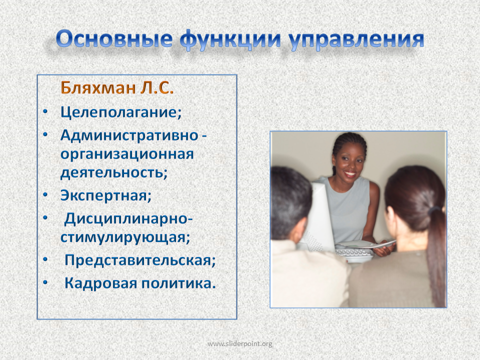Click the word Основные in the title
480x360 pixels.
coord(114,39)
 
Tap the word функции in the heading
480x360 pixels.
coord(230,40)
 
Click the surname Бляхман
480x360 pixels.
coord(98,88)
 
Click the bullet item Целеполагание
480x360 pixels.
coord(121,112)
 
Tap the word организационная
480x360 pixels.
coord(127,154)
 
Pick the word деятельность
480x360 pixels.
coord(114,172)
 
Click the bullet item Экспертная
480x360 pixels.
coord(106,195)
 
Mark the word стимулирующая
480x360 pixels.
coord(125,237)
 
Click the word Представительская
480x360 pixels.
coord(140,260)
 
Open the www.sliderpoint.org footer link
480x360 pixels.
coord(239,344)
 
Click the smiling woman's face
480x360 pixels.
coord(349,161)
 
